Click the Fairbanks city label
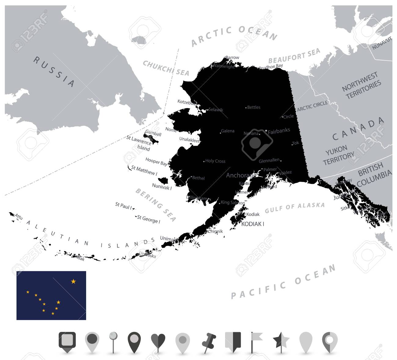click(279, 131)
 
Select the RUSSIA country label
click(54, 71)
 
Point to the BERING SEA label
click(156, 205)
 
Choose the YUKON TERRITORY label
click(338, 155)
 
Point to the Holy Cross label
click(215, 161)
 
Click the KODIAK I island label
click(253, 224)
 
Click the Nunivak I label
click(162, 186)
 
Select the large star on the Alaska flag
click(73, 282)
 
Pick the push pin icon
click(209, 341)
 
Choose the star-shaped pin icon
click(281, 341)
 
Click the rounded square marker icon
click(67, 341)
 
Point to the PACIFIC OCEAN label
click(283, 282)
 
